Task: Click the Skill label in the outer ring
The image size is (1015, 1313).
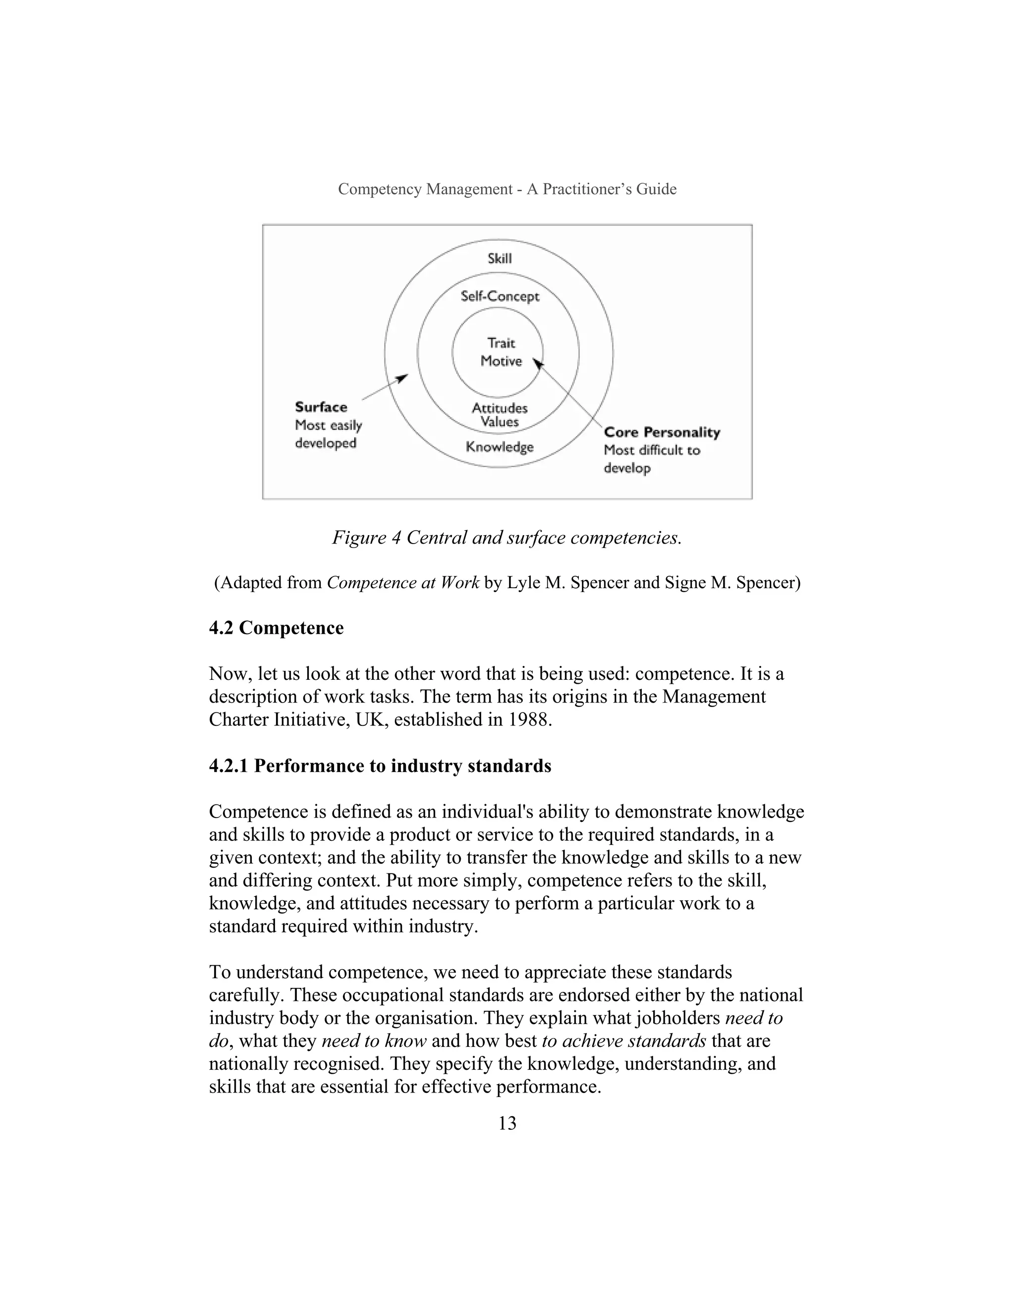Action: click(500, 259)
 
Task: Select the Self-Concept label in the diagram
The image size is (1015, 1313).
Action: click(500, 296)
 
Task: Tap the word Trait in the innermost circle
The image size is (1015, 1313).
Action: click(501, 343)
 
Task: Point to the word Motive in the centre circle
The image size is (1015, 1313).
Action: click(501, 361)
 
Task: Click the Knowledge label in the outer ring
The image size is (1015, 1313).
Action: click(500, 447)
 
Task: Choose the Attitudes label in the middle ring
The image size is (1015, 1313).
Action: click(500, 408)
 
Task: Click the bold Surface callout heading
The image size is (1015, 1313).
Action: click(321, 407)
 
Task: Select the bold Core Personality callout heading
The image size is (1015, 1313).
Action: click(662, 432)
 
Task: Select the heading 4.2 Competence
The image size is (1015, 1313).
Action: click(276, 628)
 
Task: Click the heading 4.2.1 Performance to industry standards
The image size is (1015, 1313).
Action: click(380, 766)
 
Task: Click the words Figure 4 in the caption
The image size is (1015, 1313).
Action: click(366, 538)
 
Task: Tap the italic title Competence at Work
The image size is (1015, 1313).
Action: click(403, 583)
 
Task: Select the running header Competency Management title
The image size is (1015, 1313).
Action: click(507, 189)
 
